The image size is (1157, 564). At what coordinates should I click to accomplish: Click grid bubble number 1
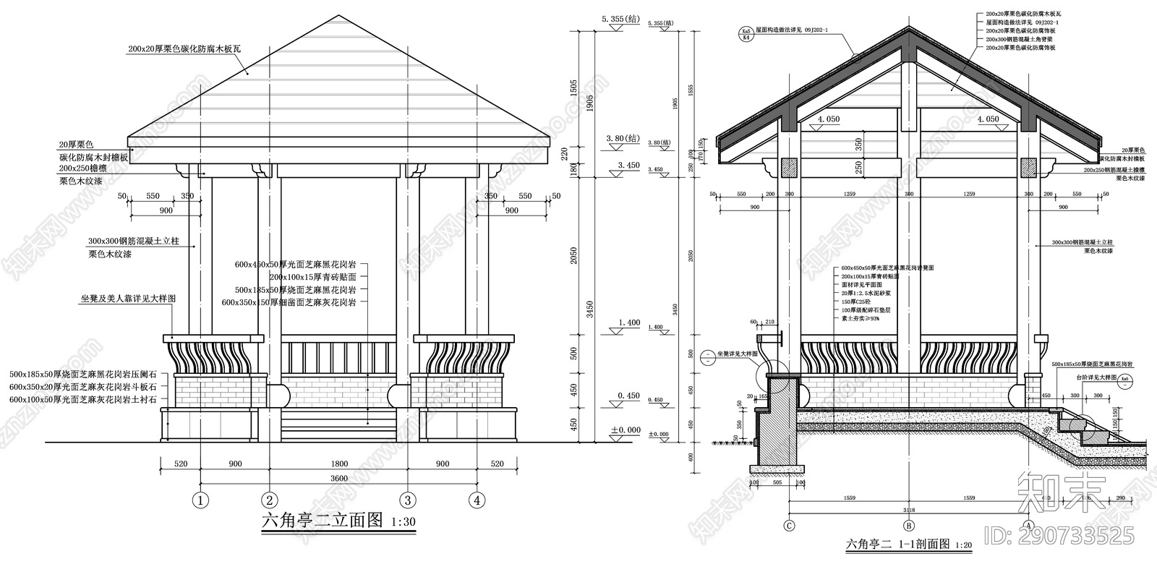[200, 500]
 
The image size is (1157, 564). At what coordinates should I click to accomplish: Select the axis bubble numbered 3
[407, 500]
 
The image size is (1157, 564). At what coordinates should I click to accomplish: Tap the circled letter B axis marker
[910, 526]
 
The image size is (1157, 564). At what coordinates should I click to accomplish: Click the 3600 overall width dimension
[338, 478]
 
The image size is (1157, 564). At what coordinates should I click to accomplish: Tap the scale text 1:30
[402, 521]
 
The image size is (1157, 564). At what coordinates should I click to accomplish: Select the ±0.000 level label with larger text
[626, 430]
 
